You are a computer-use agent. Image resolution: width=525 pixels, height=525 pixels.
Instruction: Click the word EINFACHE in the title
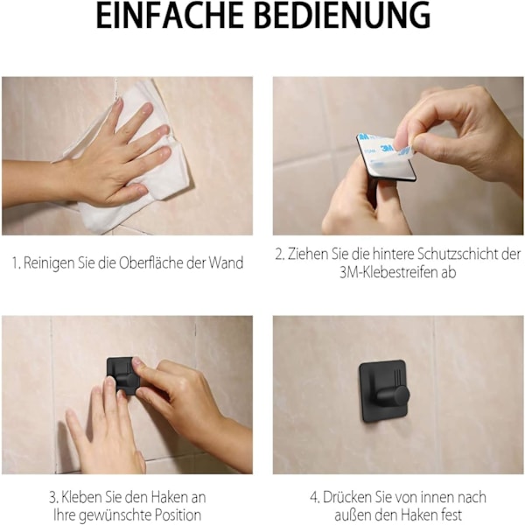170,15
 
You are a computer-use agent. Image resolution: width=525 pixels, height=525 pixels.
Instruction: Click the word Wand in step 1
226,263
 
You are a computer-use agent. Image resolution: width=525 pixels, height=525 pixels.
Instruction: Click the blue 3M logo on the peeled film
388,148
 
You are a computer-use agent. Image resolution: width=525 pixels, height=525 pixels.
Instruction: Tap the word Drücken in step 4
346,498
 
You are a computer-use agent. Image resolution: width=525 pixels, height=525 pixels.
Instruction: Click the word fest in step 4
451,515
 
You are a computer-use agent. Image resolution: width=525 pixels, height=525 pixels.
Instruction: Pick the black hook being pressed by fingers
122,375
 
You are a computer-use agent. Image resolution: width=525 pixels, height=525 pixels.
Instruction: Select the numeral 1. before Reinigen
17,263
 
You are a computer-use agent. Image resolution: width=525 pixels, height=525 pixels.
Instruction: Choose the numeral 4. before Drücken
315,498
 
